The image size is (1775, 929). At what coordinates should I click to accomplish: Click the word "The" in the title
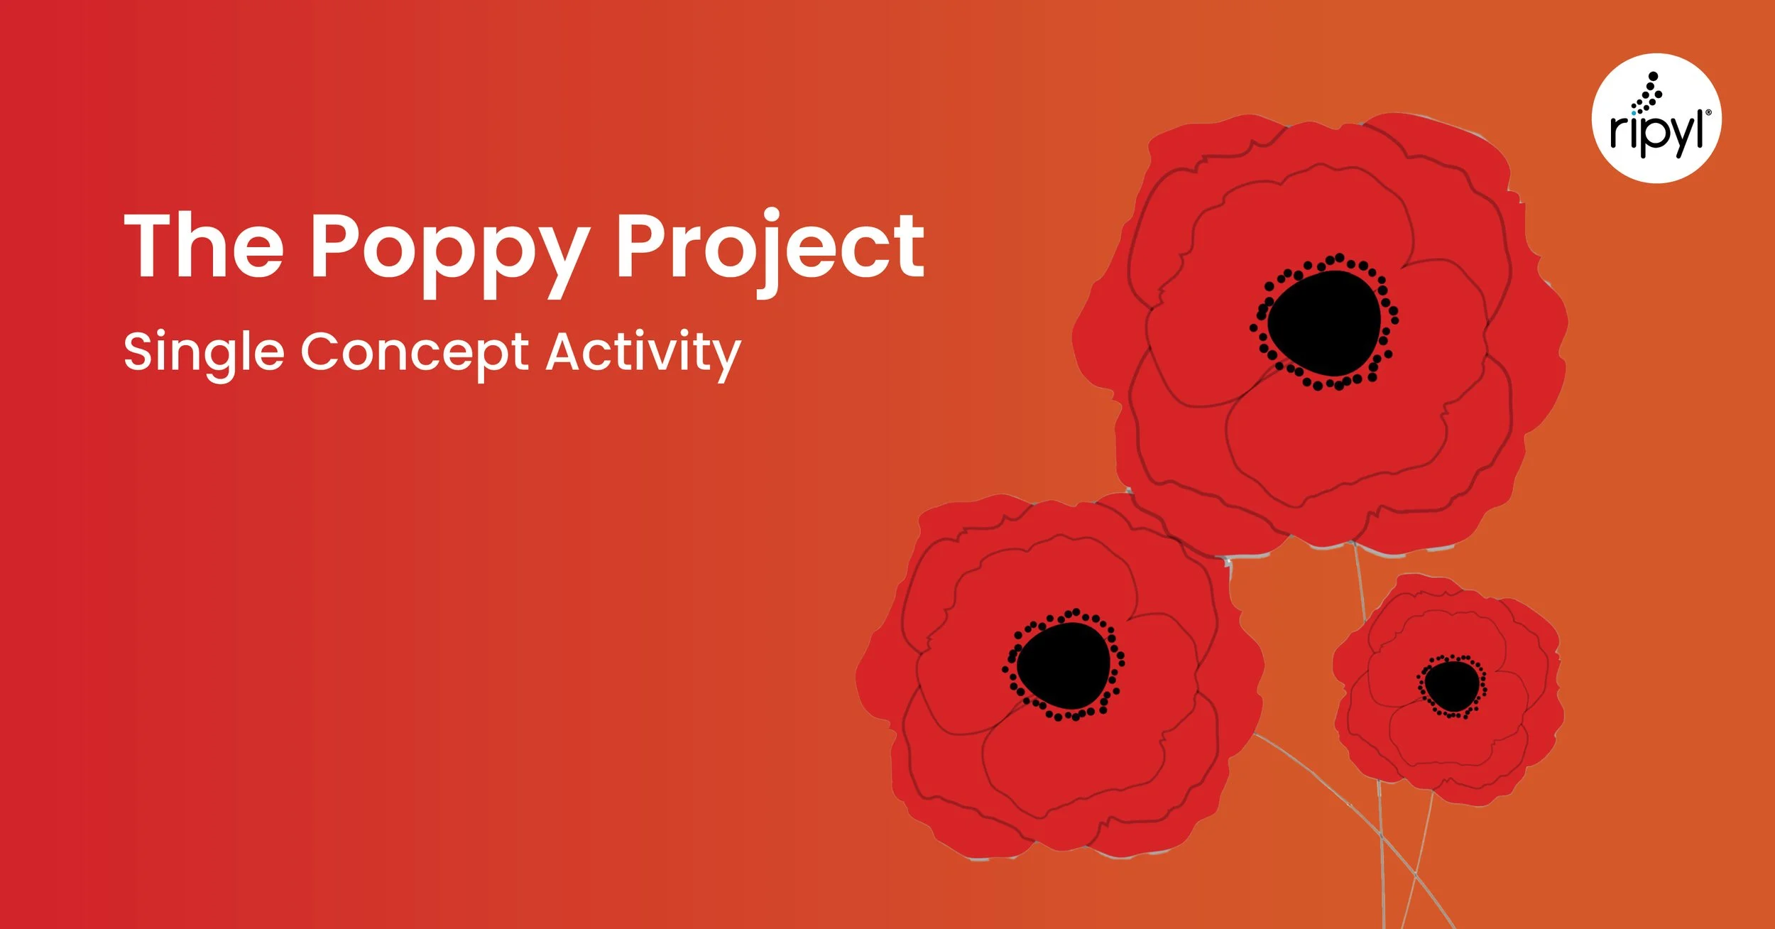pyautogui.click(x=204, y=246)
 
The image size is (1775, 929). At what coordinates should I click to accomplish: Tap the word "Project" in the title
pyautogui.click(x=770, y=249)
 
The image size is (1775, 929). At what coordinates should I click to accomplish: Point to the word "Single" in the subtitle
pyautogui.click(x=204, y=352)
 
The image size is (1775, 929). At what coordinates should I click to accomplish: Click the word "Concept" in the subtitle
pyautogui.click(x=415, y=352)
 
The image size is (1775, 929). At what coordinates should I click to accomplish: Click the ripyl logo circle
pyautogui.click(x=1656, y=119)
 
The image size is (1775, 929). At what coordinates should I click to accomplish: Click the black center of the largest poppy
pyautogui.click(x=1324, y=324)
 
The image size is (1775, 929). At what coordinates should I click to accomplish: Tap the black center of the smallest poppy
pyautogui.click(x=1451, y=685)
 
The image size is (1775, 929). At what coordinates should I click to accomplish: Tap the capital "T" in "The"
pyautogui.click(x=151, y=246)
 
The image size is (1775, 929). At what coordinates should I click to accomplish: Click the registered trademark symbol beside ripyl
pyautogui.click(x=1708, y=112)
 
